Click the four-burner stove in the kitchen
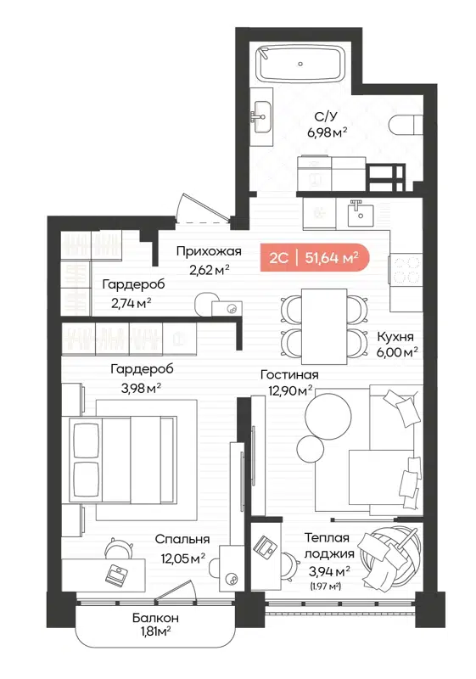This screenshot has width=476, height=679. [x=406, y=268]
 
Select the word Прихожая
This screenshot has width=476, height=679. [x=209, y=251]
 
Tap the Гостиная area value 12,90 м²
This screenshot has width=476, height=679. [x=287, y=390]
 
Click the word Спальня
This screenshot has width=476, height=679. [x=182, y=539]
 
